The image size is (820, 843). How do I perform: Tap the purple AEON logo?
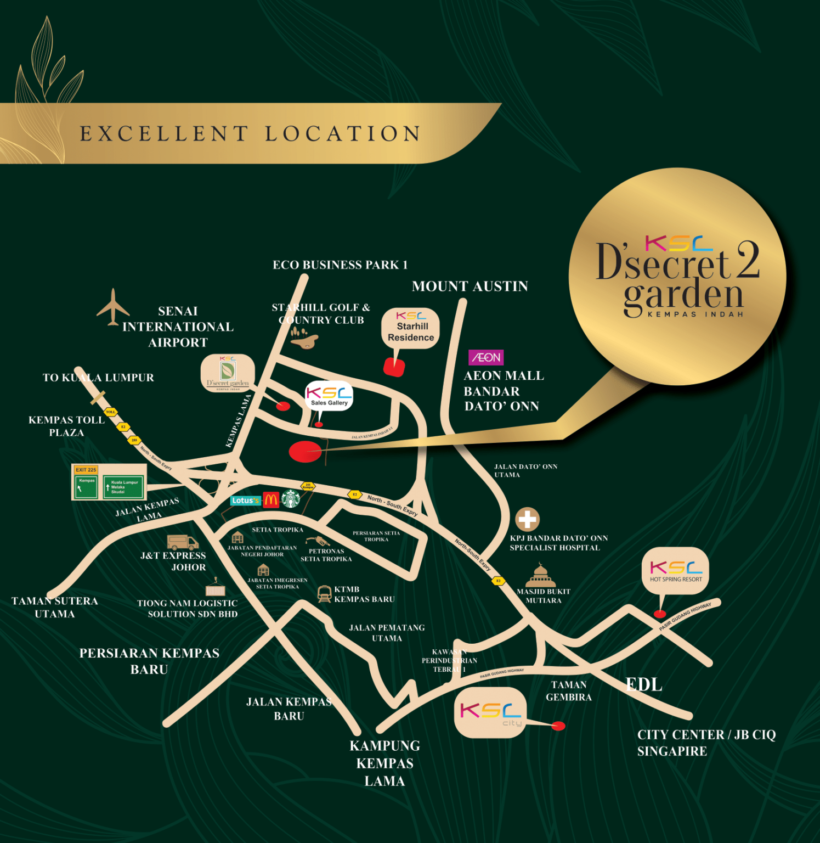click(486, 358)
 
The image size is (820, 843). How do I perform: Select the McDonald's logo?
click(271, 500)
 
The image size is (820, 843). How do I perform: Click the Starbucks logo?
click(291, 499)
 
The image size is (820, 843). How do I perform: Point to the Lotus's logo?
click(245, 501)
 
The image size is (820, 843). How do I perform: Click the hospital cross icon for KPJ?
click(527, 519)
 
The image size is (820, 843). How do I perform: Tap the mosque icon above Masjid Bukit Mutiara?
click(540, 576)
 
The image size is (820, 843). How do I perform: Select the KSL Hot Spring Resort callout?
click(675, 571)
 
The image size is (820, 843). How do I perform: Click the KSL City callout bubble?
click(490, 712)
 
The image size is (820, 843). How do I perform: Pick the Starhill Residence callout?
click(411, 328)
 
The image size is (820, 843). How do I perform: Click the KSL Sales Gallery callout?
click(329, 396)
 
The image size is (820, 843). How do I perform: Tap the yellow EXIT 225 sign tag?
click(86, 470)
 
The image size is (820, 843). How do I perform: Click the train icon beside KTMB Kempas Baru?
click(324, 594)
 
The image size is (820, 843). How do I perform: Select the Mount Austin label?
click(470, 286)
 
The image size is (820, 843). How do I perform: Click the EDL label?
click(644, 684)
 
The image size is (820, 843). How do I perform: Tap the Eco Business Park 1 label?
click(340, 265)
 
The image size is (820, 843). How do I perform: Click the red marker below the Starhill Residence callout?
click(394, 367)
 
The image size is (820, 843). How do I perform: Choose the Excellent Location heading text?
click(250, 134)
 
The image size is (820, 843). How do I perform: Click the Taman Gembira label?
click(569, 691)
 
